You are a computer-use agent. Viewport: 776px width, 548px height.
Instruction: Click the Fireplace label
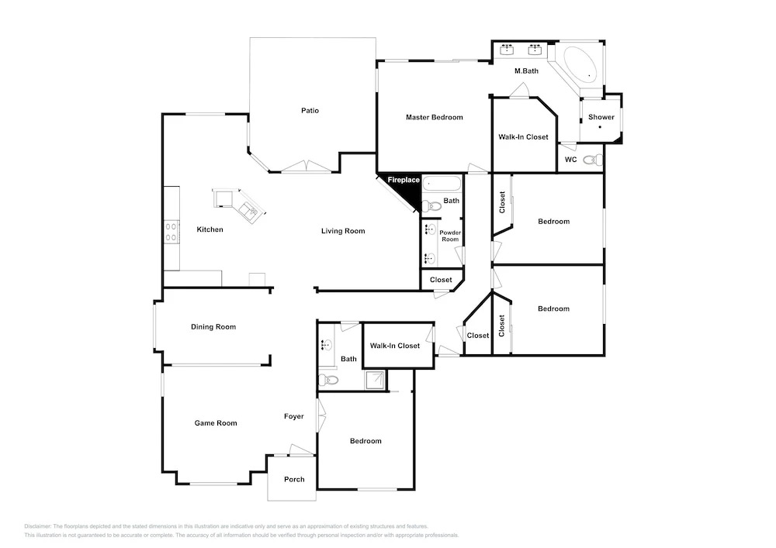click(x=404, y=180)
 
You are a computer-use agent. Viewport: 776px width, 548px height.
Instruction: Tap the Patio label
click(x=310, y=110)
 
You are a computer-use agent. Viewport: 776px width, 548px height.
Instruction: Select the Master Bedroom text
click(x=435, y=117)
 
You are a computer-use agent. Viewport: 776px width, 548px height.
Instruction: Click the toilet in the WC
click(x=592, y=160)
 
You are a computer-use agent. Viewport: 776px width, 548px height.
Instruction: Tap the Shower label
click(x=601, y=117)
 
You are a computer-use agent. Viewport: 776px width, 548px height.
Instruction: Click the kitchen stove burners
click(x=171, y=232)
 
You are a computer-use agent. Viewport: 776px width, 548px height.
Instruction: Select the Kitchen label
click(x=210, y=229)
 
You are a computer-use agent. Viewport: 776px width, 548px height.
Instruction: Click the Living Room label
click(x=343, y=231)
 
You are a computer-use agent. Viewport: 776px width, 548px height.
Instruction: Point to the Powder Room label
click(x=450, y=236)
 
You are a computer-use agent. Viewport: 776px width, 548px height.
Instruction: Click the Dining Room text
click(x=213, y=326)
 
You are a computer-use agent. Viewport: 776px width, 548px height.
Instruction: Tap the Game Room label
click(x=216, y=423)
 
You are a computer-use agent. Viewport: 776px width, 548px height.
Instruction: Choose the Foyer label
click(x=294, y=416)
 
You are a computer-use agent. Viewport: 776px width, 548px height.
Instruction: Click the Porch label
click(x=294, y=479)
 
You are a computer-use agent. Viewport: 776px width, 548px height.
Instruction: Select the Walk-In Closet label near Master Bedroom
click(x=524, y=137)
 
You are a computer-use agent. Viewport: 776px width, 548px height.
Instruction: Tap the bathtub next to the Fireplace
click(x=442, y=184)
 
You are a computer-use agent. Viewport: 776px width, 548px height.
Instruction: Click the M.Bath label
click(x=527, y=71)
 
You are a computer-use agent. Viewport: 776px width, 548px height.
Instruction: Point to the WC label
click(x=570, y=160)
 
